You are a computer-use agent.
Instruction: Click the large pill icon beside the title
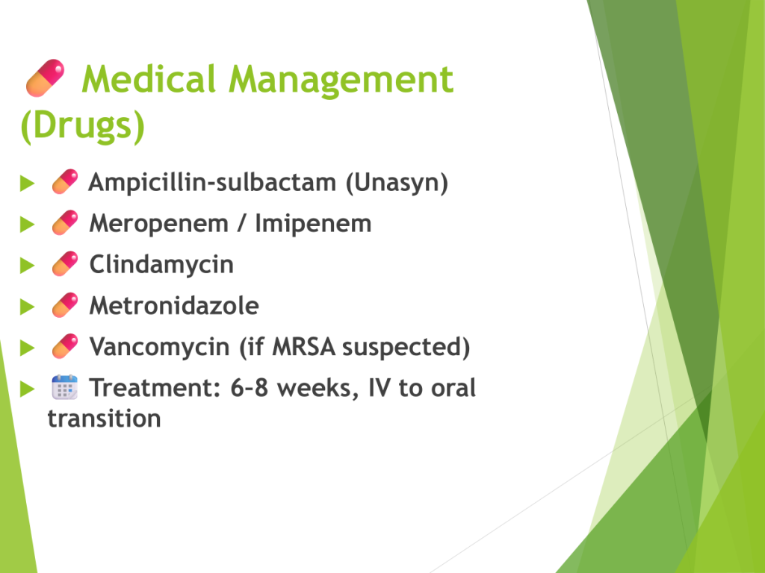45,78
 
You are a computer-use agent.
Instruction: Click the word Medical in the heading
149,78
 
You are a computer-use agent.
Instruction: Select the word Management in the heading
341,81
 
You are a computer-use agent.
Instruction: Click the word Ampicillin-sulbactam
212,183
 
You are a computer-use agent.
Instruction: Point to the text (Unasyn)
397,183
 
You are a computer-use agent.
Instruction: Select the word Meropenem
159,224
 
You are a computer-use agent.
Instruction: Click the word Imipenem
313,224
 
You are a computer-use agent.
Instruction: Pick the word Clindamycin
161,265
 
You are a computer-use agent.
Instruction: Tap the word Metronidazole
174,306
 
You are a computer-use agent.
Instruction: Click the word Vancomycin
160,348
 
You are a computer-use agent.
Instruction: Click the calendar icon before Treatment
65,387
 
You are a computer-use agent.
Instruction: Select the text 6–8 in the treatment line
249,388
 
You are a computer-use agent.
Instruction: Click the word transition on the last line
105,419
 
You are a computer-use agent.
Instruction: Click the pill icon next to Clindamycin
65,263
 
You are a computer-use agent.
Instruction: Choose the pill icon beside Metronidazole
65,305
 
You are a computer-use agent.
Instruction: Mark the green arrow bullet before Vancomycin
28,348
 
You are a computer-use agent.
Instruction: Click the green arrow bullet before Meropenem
28,225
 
